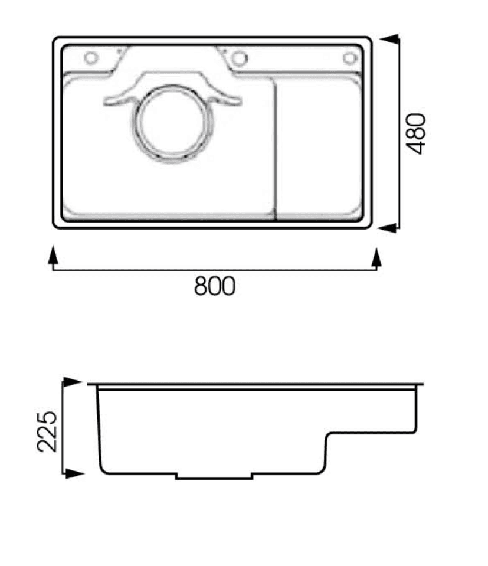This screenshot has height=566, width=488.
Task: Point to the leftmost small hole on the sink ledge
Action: (x=90, y=58)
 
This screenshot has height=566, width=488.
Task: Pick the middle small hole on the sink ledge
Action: (x=239, y=58)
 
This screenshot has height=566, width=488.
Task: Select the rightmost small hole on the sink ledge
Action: (x=349, y=58)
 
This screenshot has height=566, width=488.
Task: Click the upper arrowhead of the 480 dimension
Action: (x=389, y=40)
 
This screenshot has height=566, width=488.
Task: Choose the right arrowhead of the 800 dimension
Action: (x=376, y=256)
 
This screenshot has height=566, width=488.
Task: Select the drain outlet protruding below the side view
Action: (x=214, y=476)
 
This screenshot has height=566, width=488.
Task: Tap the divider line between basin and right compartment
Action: (x=276, y=148)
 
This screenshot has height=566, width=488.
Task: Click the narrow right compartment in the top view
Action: (x=319, y=148)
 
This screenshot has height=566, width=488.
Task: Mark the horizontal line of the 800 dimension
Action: (x=215, y=270)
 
